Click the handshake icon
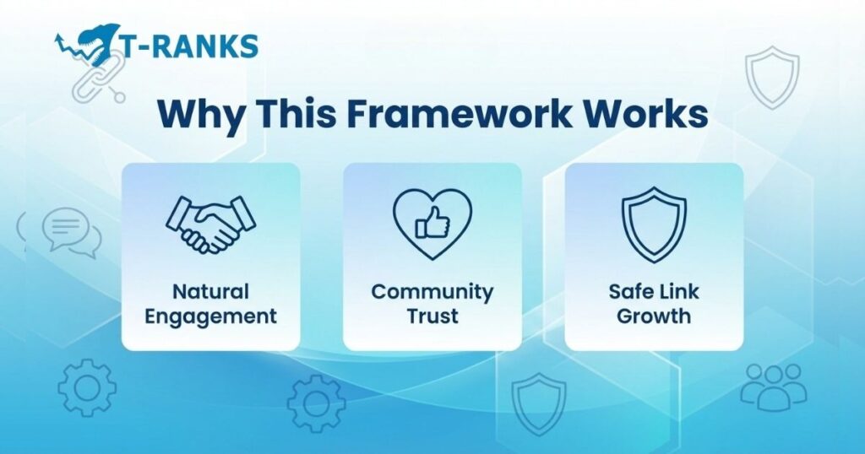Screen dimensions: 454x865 (210, 224)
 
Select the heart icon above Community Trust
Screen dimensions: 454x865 (432, 224)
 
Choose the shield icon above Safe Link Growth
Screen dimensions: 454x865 (653, 224)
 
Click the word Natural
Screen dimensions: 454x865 (210, 292)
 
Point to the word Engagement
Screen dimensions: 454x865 (210, 317)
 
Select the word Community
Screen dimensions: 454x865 (432, 292)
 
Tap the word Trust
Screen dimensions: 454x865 (432, 317)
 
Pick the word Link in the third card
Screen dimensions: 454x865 (679, 292)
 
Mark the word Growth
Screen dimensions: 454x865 (653, 317)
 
